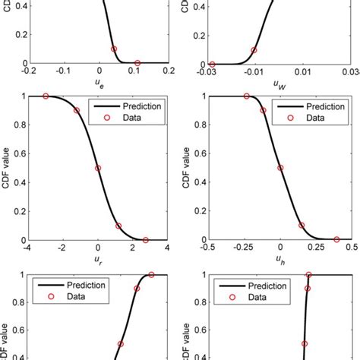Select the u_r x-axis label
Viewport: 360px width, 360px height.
click(97, 259)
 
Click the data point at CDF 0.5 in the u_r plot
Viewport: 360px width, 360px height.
click(97, 168)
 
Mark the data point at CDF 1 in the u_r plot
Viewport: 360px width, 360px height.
click(46, 96)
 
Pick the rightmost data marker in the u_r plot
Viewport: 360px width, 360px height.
click(146, 240)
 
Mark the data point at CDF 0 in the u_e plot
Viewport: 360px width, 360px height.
click(137, 63)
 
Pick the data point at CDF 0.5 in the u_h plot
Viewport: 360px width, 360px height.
click(280, 168)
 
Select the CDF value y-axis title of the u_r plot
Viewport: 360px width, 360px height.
click(7, 168)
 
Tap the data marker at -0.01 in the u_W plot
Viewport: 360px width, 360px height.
click(254, 50)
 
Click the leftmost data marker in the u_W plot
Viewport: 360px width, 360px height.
click(212, 64)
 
